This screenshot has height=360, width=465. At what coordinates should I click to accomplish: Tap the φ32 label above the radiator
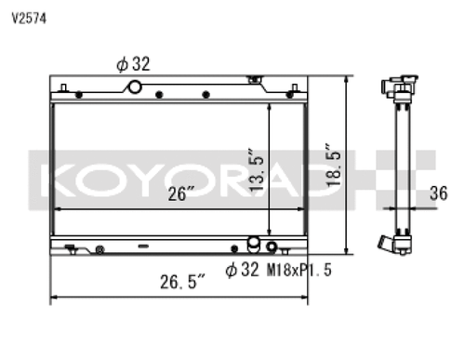pos(134,64)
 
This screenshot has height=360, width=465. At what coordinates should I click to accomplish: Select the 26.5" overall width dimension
pos(180,282)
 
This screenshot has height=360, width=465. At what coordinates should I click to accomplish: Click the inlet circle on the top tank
pos(134,87)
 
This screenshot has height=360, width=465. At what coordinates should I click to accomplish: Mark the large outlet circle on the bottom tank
pos(252,247)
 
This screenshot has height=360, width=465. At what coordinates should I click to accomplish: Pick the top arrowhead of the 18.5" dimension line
pos(347,80)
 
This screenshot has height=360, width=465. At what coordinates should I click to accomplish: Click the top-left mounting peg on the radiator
pos(62,87)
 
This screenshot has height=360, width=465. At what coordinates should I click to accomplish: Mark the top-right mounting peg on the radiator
pos(299,87)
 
